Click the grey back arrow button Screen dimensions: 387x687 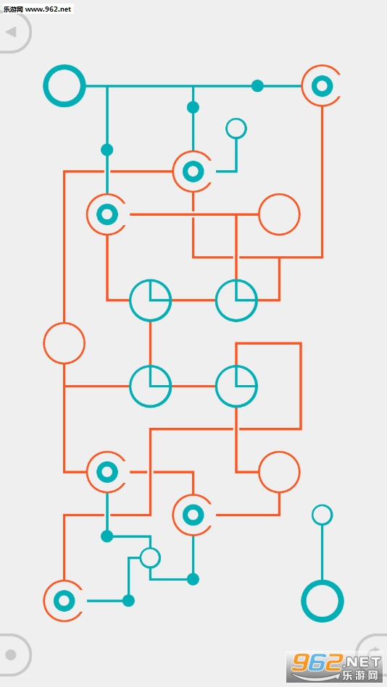click(x=12, y=33)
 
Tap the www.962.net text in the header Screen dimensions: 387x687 click(x=51, y=9)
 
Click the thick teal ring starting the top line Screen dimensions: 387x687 click(x=64, y=86)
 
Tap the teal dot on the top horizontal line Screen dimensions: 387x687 click(x=257, y=86)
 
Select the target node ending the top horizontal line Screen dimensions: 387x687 click(x=322, y=86)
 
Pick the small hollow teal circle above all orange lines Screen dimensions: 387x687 click(x=236, y=128)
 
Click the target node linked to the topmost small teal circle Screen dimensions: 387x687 click(x=193, y=172)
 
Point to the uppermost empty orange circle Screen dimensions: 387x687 click(x=279, y=214)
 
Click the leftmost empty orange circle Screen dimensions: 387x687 click(x=64, y=343)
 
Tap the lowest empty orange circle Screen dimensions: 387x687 click(x=279, y=472)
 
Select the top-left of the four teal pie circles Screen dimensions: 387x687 click(x=150, y=300)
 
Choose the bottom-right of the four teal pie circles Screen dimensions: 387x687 click(x=236, y=386)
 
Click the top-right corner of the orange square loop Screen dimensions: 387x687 click(x=301, y=343)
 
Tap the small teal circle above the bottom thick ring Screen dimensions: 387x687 click(x=322, y=515)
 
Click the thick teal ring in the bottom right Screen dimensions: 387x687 click(x=322, y=601)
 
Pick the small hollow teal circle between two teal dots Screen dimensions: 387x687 click(x=150, y=557)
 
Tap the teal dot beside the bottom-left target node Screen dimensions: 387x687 click(x=128, y=601)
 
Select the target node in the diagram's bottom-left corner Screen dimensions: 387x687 click(x=64, y=601)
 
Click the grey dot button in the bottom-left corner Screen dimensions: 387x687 click(x=12, y=654)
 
